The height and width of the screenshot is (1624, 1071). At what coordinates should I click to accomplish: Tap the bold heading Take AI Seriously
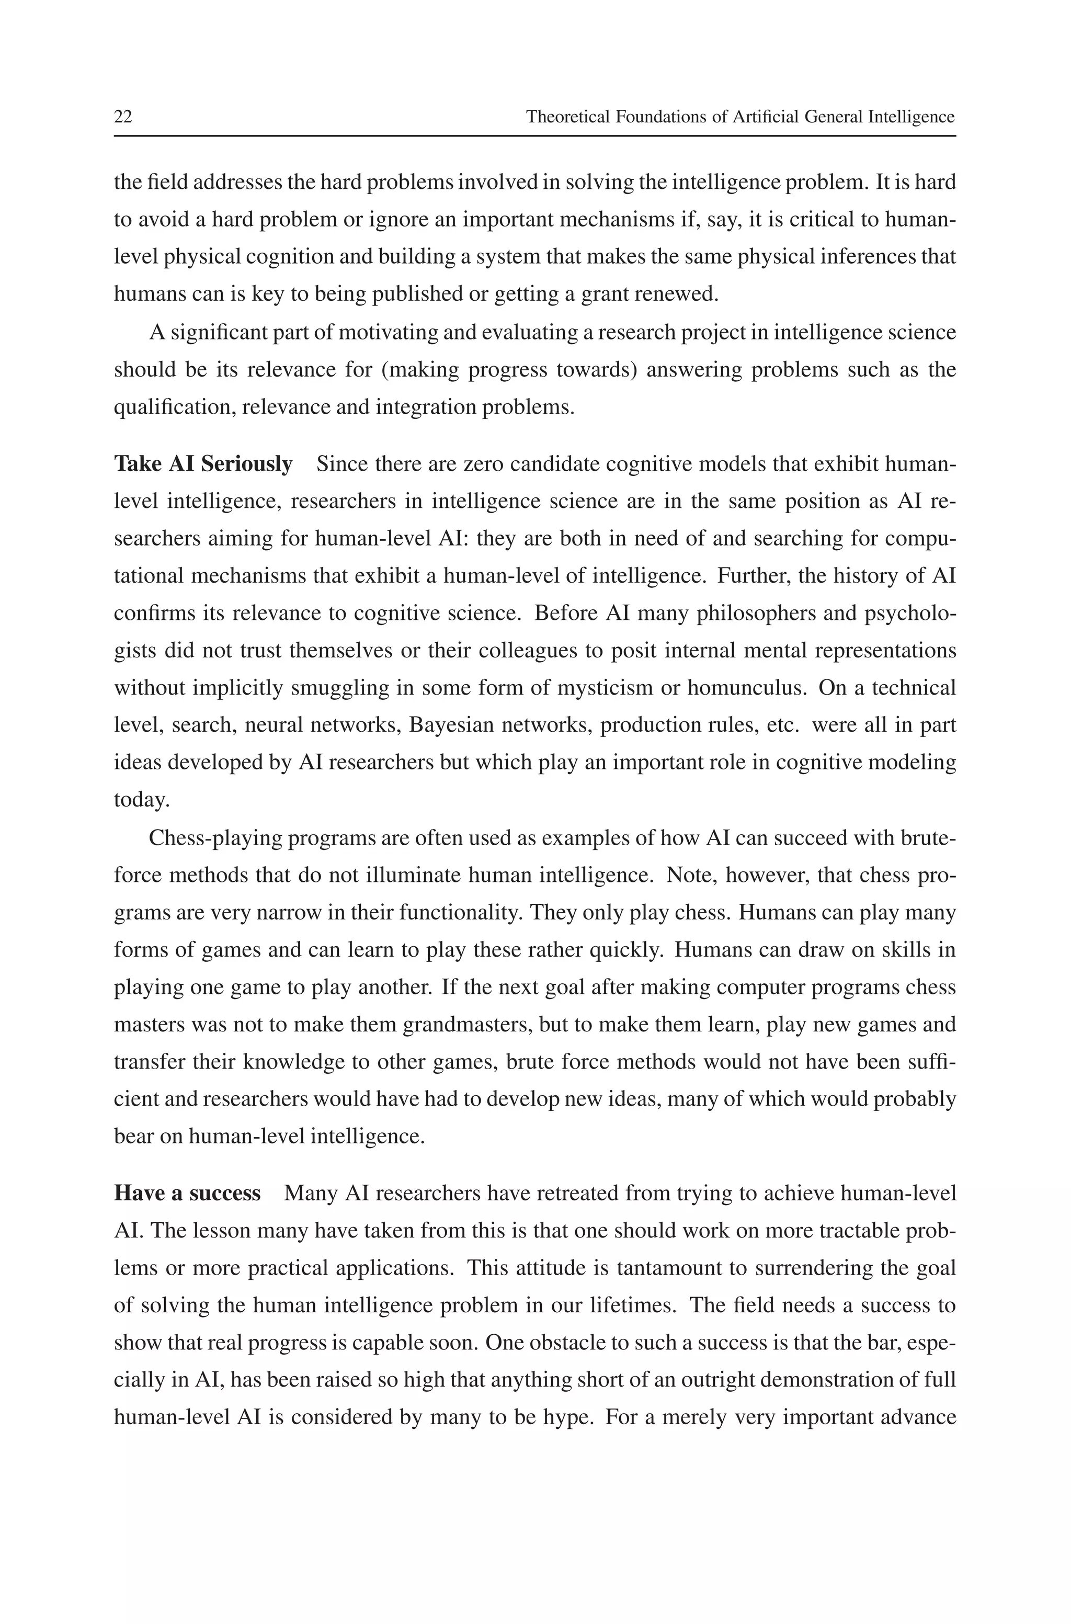203,464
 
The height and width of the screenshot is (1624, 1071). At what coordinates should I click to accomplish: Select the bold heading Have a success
187,1193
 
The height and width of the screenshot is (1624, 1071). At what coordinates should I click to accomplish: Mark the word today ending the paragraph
140,800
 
